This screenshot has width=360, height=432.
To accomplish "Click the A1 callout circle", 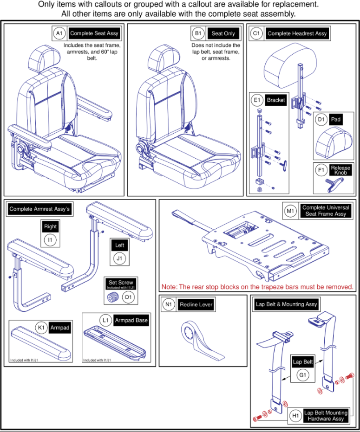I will tap(59, 34).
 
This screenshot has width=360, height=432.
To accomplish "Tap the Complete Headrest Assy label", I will tap(297, 33).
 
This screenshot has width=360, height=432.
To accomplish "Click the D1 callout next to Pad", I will tap(321, 120).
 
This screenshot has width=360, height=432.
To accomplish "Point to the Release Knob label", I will tap(340, 170).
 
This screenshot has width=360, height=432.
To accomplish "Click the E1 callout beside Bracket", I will tap(256, 100).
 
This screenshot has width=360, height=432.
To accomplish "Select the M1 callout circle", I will tap(290, 211).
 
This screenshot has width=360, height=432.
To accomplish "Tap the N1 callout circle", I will tap(168, 305).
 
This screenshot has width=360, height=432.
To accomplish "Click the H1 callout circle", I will tap(294, 416).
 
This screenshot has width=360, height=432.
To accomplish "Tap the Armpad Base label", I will tap(131, 321).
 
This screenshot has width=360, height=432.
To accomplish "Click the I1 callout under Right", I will tap(50, 240).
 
